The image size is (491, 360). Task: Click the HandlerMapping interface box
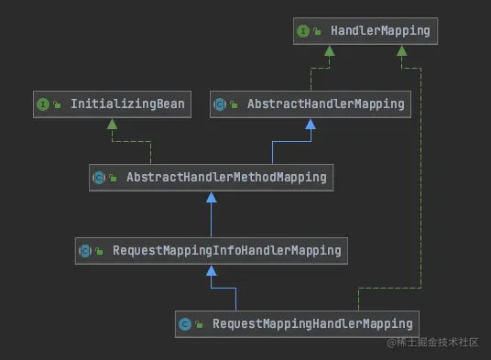[x=363, y=31]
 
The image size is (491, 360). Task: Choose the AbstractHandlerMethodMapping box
[x=211, y=178]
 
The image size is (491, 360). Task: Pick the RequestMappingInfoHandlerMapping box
[x=211, y=250]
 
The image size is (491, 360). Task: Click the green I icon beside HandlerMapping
[x=302, y=31]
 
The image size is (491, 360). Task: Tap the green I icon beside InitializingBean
[x=42, y=104]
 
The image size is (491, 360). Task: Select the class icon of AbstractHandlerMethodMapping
[x=99, y=178]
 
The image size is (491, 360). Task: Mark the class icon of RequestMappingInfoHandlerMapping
[x=85, y=250]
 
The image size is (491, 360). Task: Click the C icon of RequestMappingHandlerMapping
[x=185, y=323]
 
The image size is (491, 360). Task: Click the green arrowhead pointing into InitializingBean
[x=112, y=124]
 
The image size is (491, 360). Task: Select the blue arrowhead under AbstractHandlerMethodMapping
[x=211, y=197]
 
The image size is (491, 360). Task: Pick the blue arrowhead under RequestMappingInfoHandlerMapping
[x=211, y=269]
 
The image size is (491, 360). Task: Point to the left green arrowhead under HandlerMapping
[x=327, y=50]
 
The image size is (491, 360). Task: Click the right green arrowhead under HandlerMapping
[x=400, y=50]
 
